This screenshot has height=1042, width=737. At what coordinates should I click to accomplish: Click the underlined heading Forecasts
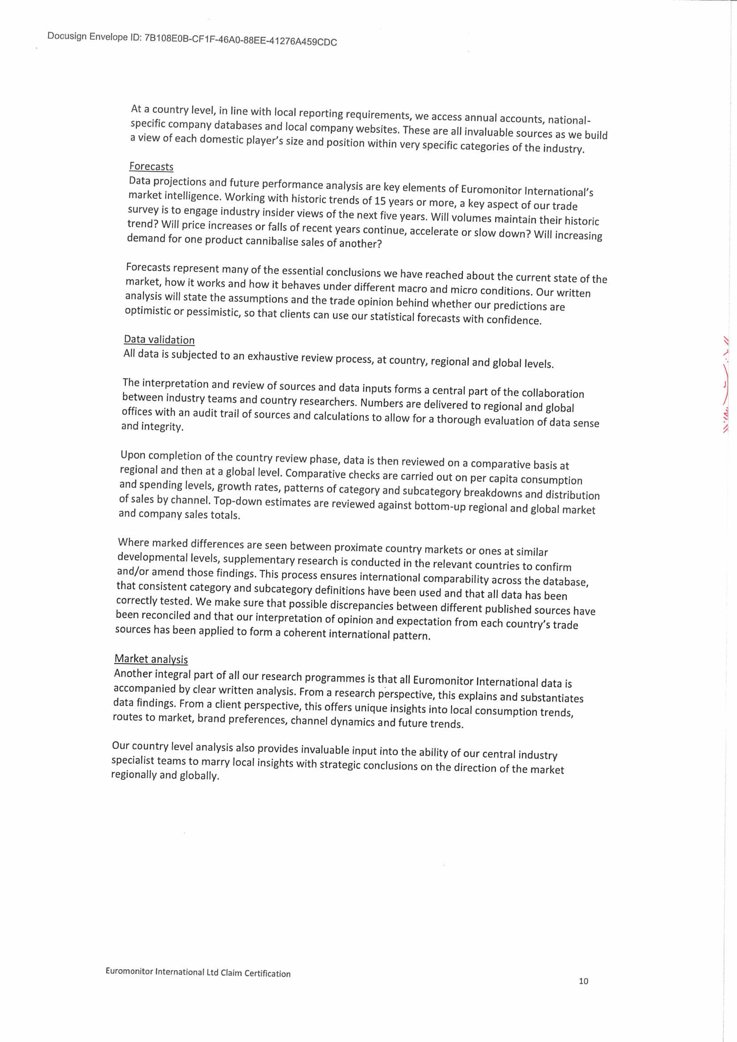pos(151,166)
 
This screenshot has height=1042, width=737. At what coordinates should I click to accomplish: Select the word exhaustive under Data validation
pos(268,356)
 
